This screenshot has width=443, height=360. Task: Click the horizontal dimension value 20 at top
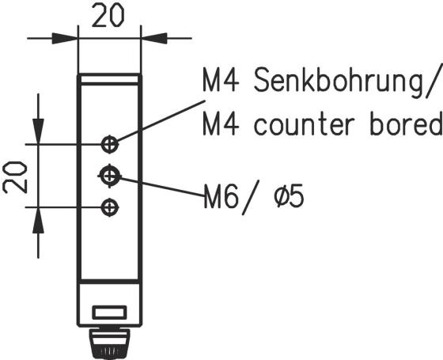point(108,16)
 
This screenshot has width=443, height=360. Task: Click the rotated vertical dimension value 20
point(15,177)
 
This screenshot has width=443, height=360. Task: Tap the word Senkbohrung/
point(348,81)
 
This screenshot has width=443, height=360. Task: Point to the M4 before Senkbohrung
point(221,79)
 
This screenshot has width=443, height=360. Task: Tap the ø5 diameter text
point(289,195)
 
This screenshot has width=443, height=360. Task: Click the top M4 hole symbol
point(110,144)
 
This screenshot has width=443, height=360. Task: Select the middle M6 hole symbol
point(110,176)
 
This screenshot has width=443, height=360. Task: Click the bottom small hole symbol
point(110,207)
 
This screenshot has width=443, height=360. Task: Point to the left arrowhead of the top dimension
point(65,38)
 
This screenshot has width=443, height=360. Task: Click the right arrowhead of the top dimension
point(154,38)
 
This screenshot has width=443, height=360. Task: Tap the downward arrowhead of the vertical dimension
point(38,131)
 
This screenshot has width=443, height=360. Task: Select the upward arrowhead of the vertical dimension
point(38,221)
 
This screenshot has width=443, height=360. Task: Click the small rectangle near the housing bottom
point(110,313)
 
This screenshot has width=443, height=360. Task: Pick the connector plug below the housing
point(110,344)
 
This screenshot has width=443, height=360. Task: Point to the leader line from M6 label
point(162,187)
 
